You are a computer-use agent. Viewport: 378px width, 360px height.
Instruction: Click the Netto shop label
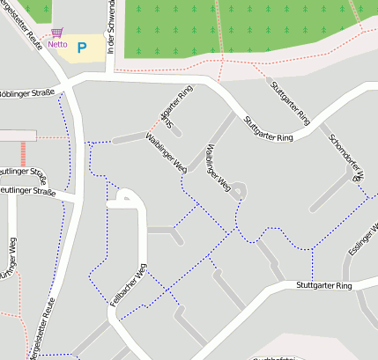[58, 43]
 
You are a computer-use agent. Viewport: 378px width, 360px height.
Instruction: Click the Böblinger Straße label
[26, 92]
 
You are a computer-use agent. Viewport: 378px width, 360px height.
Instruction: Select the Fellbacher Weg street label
[128, 284]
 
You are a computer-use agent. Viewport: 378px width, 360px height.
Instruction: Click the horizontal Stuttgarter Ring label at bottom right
[324, 286]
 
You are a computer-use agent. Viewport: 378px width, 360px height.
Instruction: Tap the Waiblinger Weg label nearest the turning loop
[217, 167]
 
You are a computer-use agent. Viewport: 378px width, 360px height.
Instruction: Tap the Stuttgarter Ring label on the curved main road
[268, 129]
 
